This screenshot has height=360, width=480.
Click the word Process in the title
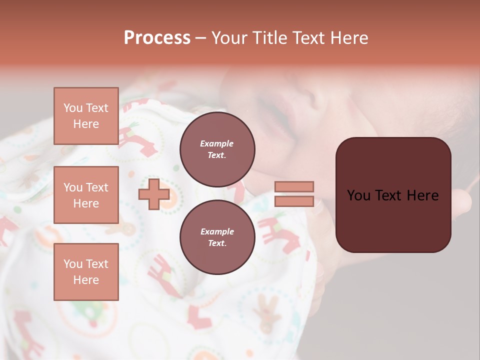tap(157, 38)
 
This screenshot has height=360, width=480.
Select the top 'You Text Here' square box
tap(86, 116)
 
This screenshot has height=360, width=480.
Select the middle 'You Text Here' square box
tap(86, 195)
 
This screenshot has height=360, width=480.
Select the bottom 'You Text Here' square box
tap(86, 271)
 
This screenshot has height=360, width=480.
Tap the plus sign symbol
tap(154, 194)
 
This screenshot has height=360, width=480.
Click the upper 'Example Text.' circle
tap(217, 149)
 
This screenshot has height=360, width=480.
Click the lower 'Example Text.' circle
tap(217, 237)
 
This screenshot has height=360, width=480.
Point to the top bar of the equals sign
tap(294, 187)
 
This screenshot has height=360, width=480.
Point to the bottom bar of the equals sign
tap(294, 201)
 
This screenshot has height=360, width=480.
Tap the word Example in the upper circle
tap(217, 143)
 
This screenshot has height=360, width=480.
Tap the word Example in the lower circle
tap(217, 231)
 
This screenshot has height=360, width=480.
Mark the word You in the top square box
tap(73, 108)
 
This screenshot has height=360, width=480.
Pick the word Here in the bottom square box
tap(86, 280)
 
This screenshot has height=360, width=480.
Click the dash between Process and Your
tap(201, 38)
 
